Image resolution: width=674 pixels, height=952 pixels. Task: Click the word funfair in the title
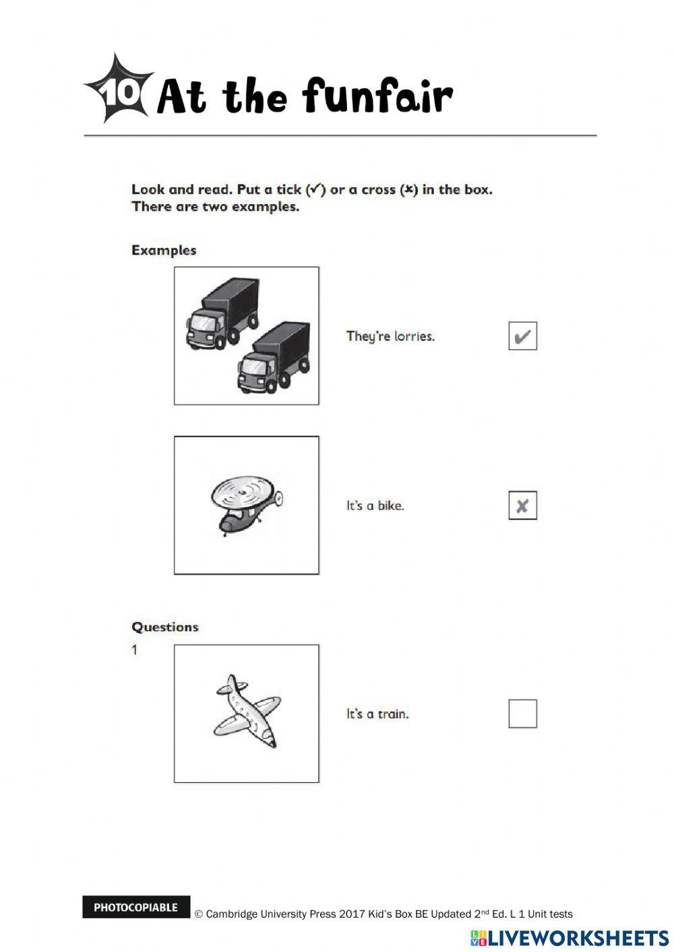(x=377, y=96)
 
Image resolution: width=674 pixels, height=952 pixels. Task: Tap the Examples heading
(x=164, y=250)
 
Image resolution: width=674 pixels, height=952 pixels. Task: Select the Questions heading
(x=165, y=627)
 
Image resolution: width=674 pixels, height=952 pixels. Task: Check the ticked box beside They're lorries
(x=522, y=336)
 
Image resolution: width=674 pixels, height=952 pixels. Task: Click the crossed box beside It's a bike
(x=522, y=505)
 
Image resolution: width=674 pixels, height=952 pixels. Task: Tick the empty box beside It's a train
(x=522, y=713)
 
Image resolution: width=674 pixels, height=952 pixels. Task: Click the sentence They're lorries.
(x=390, y=336)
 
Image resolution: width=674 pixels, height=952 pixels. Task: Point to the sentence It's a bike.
(x=375, y=505)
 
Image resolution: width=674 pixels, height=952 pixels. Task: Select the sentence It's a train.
(x=377, y=713)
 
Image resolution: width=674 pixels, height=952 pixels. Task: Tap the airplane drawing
(x=247, y=711)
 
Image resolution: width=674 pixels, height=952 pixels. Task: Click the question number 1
(x=135, y=650)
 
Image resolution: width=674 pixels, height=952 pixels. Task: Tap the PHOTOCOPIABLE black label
(x=136, y=907)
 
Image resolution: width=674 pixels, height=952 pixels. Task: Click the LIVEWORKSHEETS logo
(x=569, y=938)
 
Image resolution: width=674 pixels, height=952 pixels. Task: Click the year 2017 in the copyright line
(x=352, y=914)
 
